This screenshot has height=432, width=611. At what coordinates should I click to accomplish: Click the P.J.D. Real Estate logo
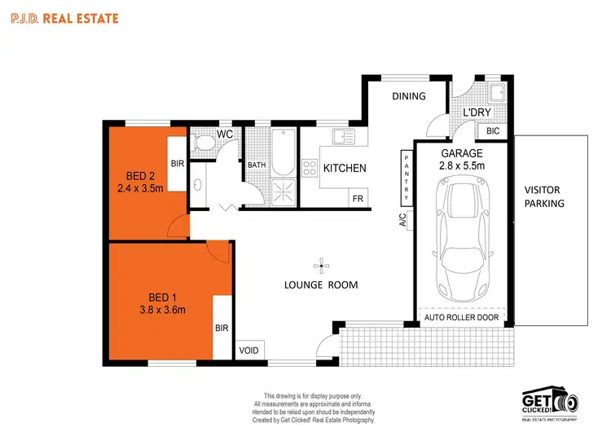click(64, 17)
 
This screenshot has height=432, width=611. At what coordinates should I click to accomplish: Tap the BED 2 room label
click(141, 175)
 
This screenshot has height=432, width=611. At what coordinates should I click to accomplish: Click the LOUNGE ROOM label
click(321, 284)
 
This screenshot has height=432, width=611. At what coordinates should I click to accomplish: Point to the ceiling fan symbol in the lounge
click(323, 264)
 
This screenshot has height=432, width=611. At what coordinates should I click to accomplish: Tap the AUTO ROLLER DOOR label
click(462, 315)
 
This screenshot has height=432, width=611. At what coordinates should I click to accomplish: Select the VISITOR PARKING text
click(544, 196)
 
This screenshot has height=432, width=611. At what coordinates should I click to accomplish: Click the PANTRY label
click(406, 177)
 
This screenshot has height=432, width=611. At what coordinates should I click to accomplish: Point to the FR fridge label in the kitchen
click(357, 198)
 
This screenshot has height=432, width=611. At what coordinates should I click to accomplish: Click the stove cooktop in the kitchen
click(310, 169)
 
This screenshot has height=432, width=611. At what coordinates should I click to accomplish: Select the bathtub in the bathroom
click(282, 152)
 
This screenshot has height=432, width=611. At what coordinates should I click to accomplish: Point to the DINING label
click(409, 96)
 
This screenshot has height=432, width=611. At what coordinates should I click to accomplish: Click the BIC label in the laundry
click(492, 130)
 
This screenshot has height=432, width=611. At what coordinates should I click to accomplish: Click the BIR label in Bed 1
click(222, 328)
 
